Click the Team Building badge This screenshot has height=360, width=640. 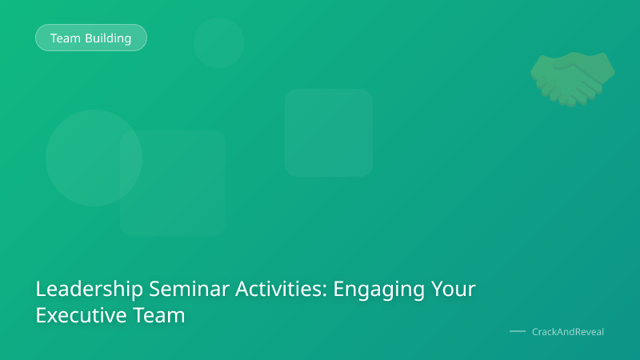(90, 38)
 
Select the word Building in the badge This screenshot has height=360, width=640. (109, 38)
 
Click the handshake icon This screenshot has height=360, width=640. (573, 78)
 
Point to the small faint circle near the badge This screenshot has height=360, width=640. (218, 42)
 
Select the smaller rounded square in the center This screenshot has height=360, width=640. (329, 132)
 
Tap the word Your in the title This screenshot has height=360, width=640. (454, 290)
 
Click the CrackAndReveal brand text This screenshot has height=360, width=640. (568, 331)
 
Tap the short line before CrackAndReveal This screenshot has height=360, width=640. (518, 331)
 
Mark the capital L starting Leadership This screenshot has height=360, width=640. (41, 290)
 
